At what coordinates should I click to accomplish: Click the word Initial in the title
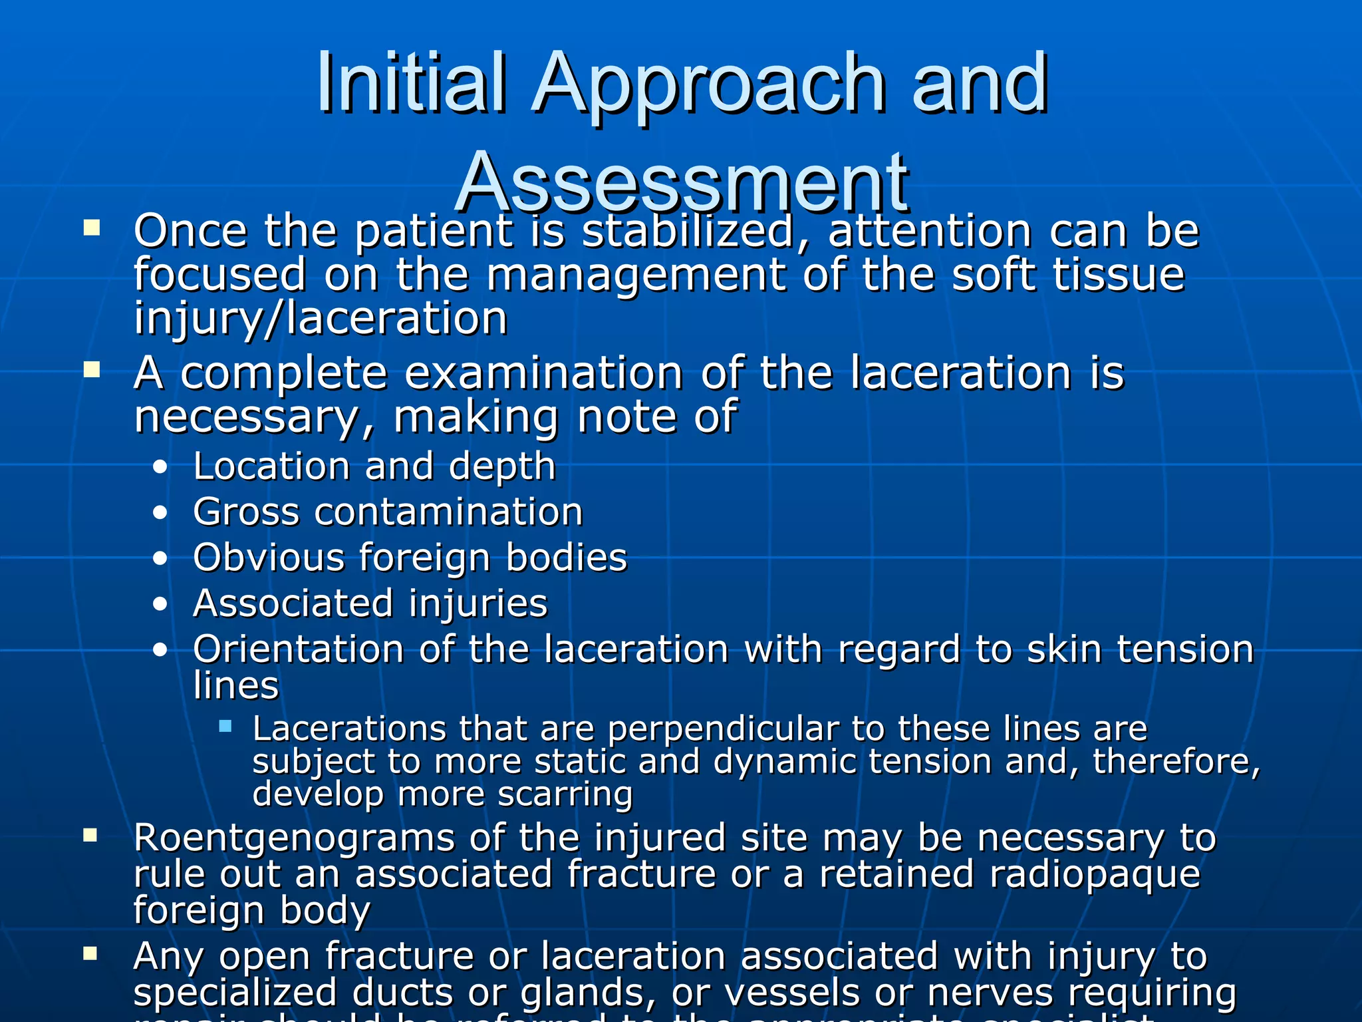click(411, 83)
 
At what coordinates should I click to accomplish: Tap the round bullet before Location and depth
click(160, 467)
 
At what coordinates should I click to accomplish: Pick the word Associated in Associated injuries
click(293, 603)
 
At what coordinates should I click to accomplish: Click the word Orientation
click(299, 649)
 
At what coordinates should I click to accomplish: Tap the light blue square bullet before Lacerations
click(225, 726)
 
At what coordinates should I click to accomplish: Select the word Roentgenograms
click(294, 838)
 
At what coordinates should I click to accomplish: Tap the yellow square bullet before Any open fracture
click(90, 954)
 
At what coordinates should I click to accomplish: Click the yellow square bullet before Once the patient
click(92, 229)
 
